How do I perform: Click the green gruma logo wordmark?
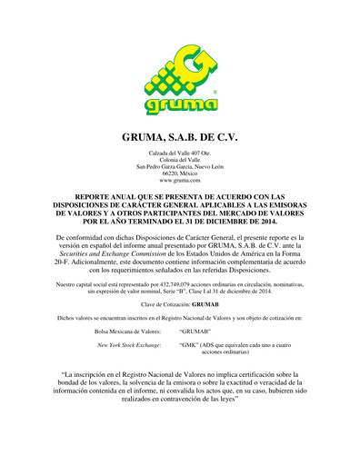pyautogui.click(x=180, y=108)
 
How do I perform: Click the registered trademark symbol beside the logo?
pyautogui.click(x=214, y=92)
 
